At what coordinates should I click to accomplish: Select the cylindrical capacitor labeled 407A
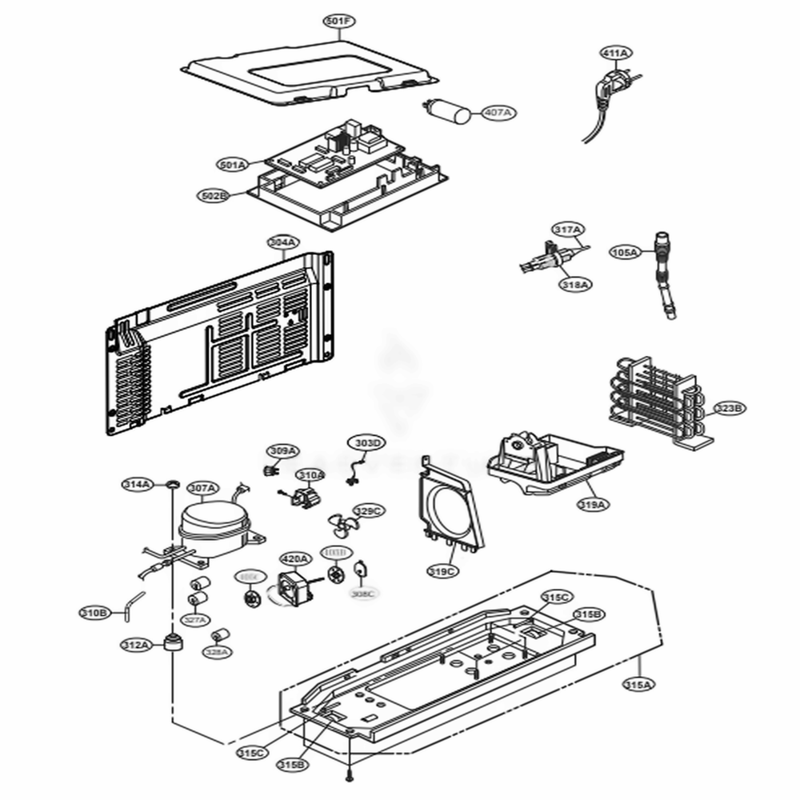pyautogui.click(x=448, y=111)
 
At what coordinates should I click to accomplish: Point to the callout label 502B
pyautogui.click(x=214, y=195)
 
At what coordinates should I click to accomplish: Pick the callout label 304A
pyautogui.click(x=282, y=241)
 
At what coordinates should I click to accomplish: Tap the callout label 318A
pyautogui.click(x=575, y=284)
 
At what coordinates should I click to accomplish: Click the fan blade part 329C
pyautogui.click(x=344, y=524)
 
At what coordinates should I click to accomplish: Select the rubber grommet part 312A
pyautogui.click(x=170, y=642)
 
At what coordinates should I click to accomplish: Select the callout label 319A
pyautogui.click(x=593, y=505)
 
